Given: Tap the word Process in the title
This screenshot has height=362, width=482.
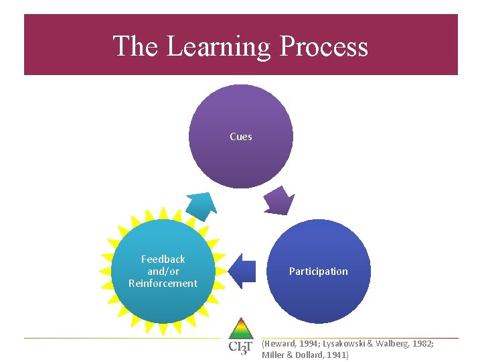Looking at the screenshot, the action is click(323, 46).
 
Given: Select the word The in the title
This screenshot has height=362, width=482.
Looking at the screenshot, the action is click(136, 46).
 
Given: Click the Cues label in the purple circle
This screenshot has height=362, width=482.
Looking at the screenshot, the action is click(241, 137).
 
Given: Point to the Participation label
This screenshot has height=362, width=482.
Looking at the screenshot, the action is click(319, 271).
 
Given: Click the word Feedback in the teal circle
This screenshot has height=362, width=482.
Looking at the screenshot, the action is click(163, 259).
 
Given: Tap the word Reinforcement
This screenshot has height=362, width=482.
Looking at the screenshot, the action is click(163, 284).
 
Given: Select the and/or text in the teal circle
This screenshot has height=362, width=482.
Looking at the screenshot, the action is click(163, 271).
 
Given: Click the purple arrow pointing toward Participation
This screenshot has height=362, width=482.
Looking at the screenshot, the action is click(279, 200).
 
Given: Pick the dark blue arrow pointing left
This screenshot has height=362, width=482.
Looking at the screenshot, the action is click(242, 271).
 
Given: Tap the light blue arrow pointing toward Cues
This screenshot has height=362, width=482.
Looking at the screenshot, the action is click(200, 205).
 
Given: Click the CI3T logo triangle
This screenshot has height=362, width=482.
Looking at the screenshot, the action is click(240, 329).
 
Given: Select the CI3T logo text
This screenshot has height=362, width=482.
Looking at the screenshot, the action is click(240, 347).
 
